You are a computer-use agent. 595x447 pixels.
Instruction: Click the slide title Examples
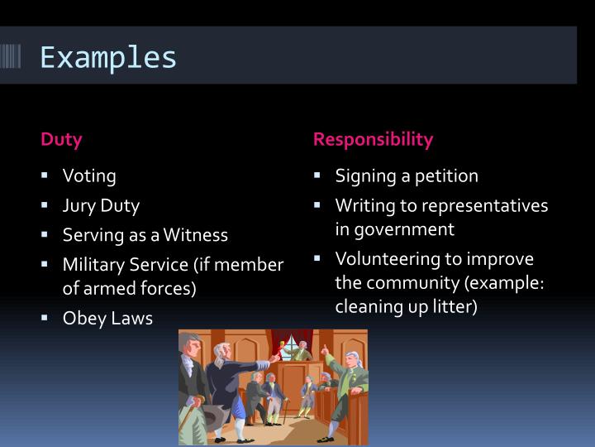pos(108,58)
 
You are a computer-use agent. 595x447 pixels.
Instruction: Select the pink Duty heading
pos(62,139)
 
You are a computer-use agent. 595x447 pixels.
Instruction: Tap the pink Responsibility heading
pos(373,139)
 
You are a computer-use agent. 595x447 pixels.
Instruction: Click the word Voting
pos(89,176)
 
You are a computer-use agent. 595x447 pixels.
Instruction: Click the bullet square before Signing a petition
pos(317,175)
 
